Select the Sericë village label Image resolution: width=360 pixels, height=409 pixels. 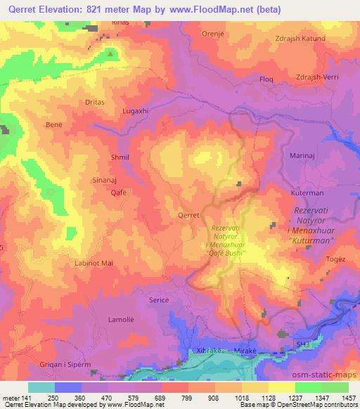160,299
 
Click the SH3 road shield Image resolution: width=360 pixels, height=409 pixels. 302,340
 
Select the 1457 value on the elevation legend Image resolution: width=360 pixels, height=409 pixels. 348,398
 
